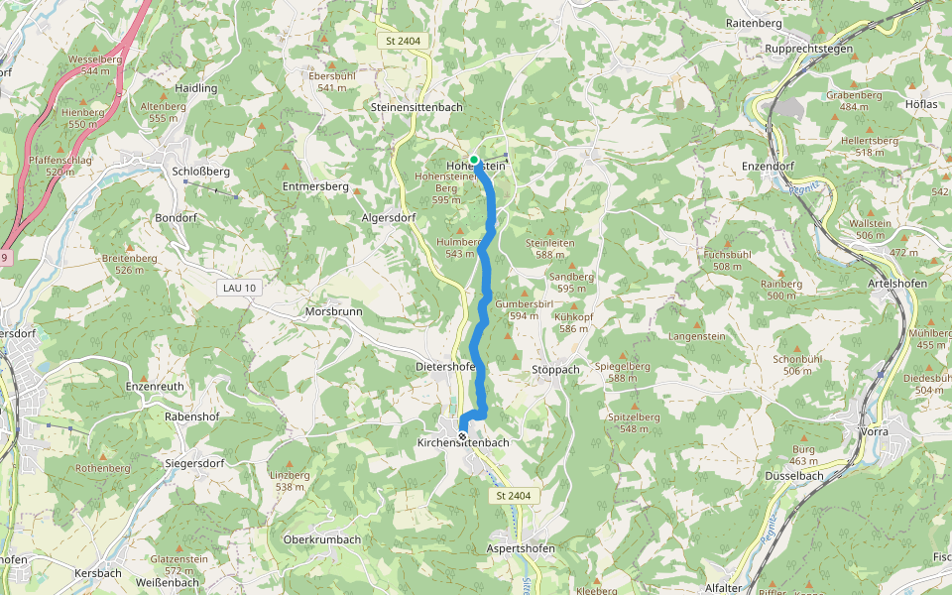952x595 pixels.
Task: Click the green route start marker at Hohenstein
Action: (474, 159)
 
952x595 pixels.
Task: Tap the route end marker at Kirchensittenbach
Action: (462, 436)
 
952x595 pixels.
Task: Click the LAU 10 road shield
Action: (238, 288)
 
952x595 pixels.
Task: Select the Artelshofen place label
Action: (896, 284)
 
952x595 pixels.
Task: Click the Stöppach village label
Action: (555, 369)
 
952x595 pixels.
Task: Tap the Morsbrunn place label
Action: (333, 311)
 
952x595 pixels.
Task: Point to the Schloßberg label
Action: (200, 172)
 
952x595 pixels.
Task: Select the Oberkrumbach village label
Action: (321, 539)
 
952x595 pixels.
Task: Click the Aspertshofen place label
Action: (521, 548)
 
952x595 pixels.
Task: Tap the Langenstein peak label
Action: (697, 337)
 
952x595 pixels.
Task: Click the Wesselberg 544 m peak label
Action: (95, 64)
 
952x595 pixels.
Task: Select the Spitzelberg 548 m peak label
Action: (635, 422)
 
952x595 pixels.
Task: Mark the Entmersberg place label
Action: (315, 186)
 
